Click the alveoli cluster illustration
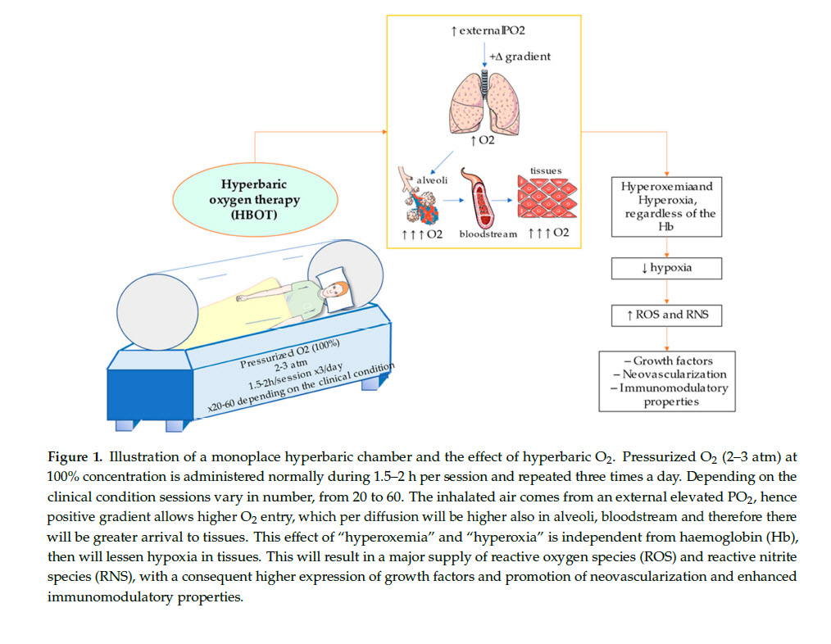point(424,204)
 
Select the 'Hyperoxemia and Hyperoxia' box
point(665,206)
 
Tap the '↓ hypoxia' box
point(665,268)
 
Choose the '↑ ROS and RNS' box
point(665,314)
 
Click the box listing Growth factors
point(665,380)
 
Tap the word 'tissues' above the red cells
point(547,170)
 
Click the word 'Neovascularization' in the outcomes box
point(670,374)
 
